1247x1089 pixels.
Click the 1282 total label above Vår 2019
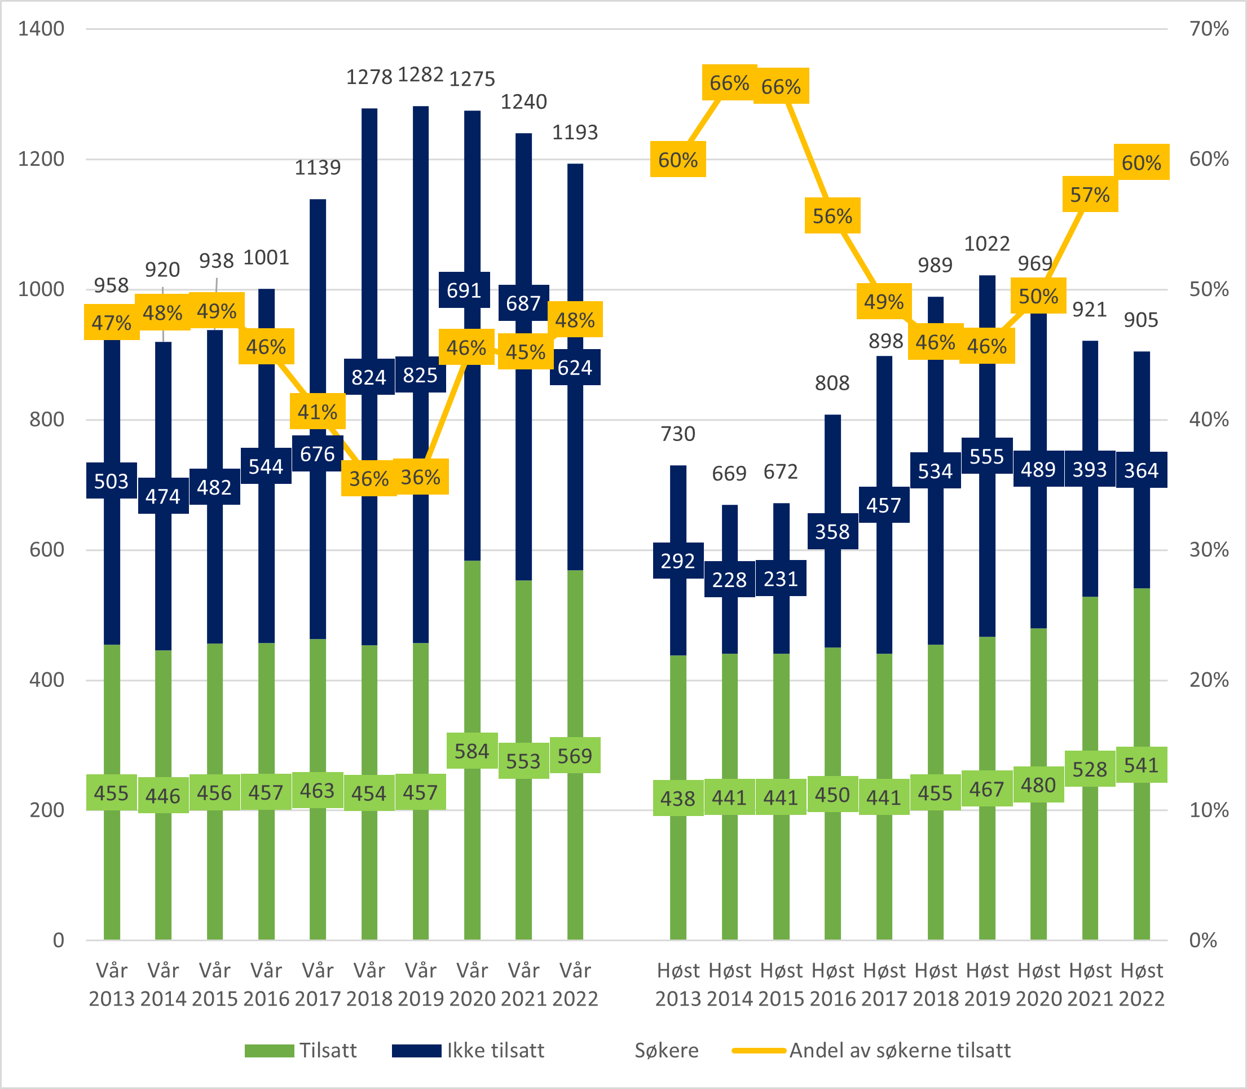point(421,75)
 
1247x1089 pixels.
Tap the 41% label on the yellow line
point(317,412)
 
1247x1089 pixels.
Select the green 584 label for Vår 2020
point(472,751)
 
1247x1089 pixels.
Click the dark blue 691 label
point(464,290)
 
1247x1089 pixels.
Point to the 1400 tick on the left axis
point(41,29)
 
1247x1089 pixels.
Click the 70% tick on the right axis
point(1209,29)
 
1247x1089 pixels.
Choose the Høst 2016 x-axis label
point(832,984)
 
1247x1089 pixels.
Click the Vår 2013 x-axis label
point(112,984)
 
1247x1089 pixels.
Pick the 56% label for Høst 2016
point(832,216)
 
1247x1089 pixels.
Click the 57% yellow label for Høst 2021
point(1090,195)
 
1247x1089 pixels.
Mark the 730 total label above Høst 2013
point(677,434)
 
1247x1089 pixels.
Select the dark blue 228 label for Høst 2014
point(729,580)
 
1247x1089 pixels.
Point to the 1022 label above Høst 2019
point(987,244)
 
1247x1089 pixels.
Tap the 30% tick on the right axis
point(1209,550)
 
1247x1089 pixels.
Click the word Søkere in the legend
point(667,1050)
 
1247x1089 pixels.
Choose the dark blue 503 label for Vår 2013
point(111,480)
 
